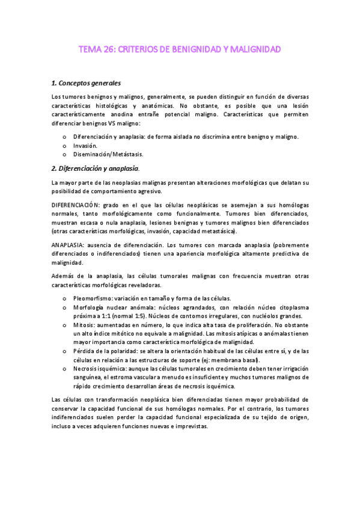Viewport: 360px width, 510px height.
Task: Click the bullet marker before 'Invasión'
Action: (64, 146)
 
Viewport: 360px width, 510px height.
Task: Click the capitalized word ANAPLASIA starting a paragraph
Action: (69, 245)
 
